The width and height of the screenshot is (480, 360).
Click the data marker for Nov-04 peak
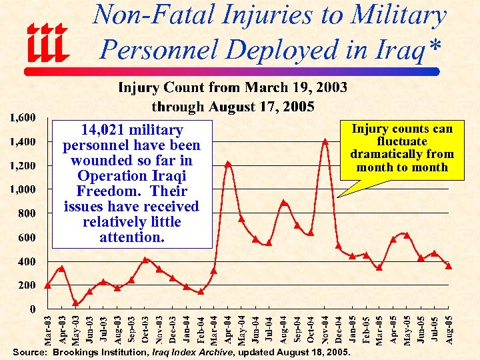[325, 141]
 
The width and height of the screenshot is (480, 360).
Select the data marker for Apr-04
[228, 163]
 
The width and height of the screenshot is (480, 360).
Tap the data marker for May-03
[75, 303]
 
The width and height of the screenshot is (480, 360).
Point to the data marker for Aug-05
[449, 265]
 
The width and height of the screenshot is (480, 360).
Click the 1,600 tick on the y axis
[23, 118]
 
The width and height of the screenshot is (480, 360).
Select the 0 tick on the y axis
[33, 309]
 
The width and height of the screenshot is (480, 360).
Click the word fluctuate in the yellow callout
[402, 141]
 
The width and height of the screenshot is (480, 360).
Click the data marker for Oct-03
[145, 259]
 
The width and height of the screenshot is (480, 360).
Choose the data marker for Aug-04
[284, 203]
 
